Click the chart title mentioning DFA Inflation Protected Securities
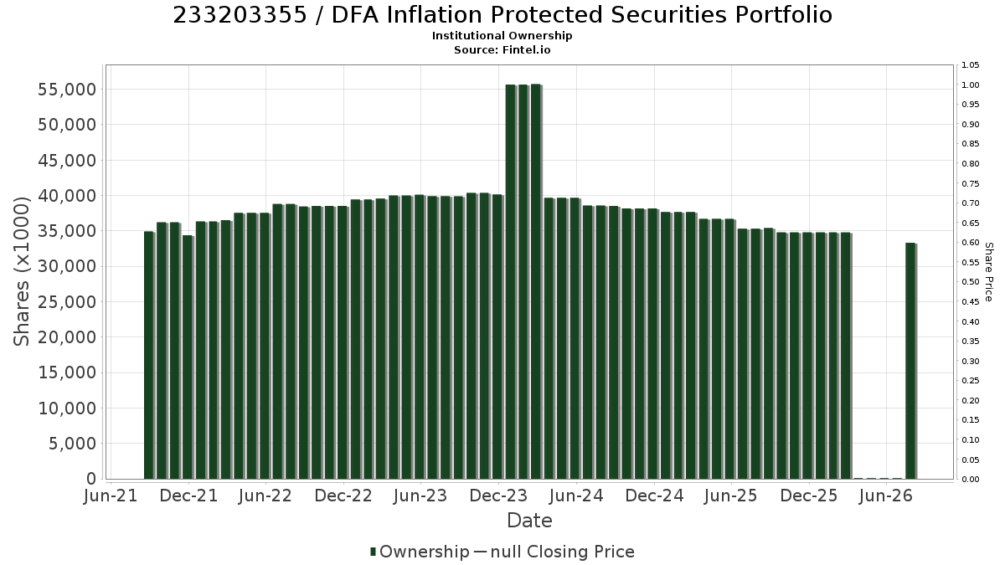point(502,15)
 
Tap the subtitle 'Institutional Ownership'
point(502,36)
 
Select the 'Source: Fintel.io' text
point(502,49)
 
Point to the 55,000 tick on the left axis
point(67,90)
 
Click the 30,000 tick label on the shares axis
point(67,266)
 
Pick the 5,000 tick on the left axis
point(72,444)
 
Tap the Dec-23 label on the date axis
point(498,496)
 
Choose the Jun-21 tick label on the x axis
point(111,496)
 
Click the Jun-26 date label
point(886,496)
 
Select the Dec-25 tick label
point(808,496)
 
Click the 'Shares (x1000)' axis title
point(21,271)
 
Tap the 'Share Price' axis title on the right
point(989,272)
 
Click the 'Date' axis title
point(529,521)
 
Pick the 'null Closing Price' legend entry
point(554,552)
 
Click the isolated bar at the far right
point(911,361)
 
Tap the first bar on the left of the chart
point(149,355)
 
